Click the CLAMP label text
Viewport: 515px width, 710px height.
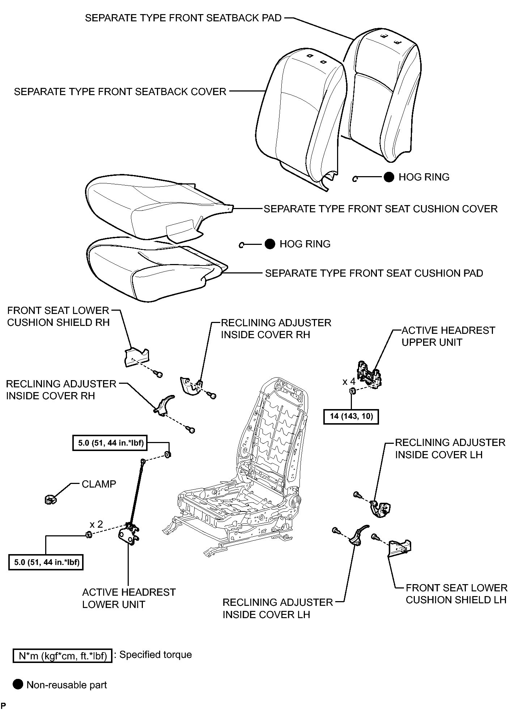pyautogui.click(x=99, y=484)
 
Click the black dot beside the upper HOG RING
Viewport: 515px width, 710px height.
pyautogui.click(x=389, y=177)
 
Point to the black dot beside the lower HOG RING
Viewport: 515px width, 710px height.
pyautogui.click(x=270, y=244)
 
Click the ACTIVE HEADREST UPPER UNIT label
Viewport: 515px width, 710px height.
pyautogui.click(x=448, y=336)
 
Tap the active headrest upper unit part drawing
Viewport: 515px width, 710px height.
pyautogui.click(x=370, y=374)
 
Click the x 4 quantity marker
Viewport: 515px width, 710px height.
pyautogui.click(x=349, y=382)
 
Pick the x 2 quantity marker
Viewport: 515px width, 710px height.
pyautogui.click(x=96, y=524)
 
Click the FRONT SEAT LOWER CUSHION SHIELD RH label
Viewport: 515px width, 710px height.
pyautogui.click(x=58, y=316)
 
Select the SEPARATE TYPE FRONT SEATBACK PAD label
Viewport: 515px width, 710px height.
pyautogui.click(x=183, y=18)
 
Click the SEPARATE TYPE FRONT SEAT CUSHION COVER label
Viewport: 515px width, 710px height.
pyautogui.click(x=380, y=209)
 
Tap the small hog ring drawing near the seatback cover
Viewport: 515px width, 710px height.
pyautogui.click(x=356, y=178)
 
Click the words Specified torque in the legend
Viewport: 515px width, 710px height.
pyautogui.click(x=156, y=655)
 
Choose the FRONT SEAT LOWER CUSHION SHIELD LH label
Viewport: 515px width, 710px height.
pyautogui.click(x=456, y=594)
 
